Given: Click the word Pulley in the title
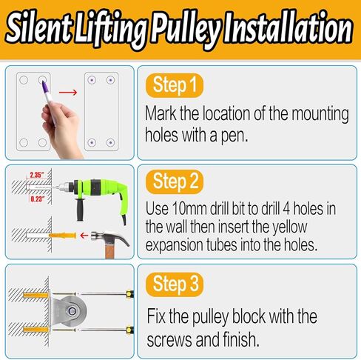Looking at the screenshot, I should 190,30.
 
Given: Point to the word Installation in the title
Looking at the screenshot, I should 291,30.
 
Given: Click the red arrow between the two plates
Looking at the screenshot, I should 68,93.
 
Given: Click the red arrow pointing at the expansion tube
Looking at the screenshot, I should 87,236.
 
